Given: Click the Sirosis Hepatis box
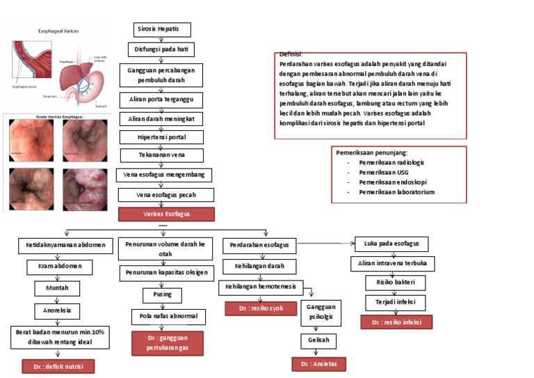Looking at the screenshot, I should pyautogui.click(x=161, y=30).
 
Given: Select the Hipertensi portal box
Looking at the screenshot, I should pyautogui.click(x=161, y=137).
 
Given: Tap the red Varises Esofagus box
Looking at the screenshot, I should pyautogui.click(x=166, y=214).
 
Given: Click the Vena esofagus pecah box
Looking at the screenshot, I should pyautogui.click(x=165, y=195).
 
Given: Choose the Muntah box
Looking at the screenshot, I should pyautogui.click(x=57, y=288).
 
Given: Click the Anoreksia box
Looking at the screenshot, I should pyautogui.click(x=57, y=310).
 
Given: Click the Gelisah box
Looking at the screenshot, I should pyautogui.click(x=318, y=342).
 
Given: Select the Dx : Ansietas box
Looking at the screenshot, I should pyautogui.click(x=318, y=364).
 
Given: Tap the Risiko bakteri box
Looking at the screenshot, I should pyautogui.click(x=396, y=283).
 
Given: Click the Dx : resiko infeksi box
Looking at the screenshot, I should pyautogui.click(x=396, y=322).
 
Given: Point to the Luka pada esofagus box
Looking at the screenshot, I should pyautogui.click(x=391, y=244).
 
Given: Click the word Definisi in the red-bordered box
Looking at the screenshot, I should pyautogui.click(x=291, y=54).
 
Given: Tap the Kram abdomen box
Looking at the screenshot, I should pyautogui.click(x=60, y=267).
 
